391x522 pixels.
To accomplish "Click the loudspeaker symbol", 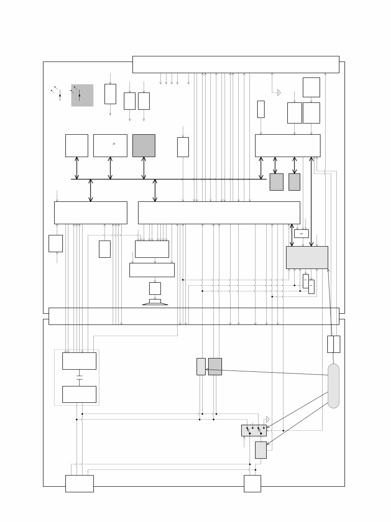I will [x=155, y=302].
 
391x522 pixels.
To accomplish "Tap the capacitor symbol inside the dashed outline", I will [x=79, y=377].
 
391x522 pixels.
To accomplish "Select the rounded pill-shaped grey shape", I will [x=333, y=386].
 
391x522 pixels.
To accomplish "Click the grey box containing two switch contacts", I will [x=254, y=430].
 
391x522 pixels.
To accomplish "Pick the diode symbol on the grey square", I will [x=79, y=95].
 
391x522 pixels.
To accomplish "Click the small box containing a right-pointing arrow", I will [x=301, y=234].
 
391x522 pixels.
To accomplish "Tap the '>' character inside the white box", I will [x=114, y=144].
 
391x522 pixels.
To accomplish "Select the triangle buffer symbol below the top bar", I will [x=279, y=93].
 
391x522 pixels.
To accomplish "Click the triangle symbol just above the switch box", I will [x=268, y=419].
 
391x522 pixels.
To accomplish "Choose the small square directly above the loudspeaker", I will [x=155, y=288].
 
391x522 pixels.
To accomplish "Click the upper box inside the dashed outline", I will [x=79, y=361].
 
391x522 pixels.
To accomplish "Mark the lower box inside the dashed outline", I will [x=79, y=394].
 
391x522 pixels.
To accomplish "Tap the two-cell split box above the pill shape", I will [x=333, y=344].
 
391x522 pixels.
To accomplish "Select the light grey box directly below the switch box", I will [x=261, y=450].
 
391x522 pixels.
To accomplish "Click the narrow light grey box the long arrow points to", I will [x=201, y=366].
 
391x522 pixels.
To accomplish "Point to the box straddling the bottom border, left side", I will [x=79, y=483].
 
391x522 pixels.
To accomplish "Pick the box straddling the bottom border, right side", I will [x=252, y=483].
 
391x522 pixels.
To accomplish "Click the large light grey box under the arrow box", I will [x=307, y=257].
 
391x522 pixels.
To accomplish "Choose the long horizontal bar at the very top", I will [x=236, y=65].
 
